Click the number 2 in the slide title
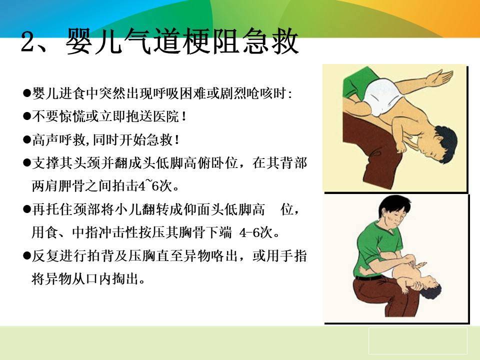point(31,42)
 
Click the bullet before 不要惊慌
point(27,116)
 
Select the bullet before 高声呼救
point(27,140)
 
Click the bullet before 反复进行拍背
point(27,255)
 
